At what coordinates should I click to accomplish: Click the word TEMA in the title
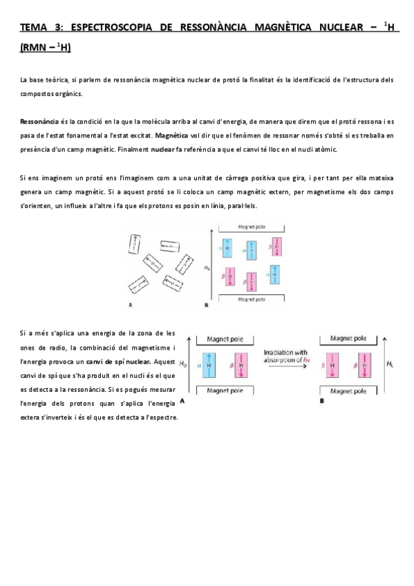31,28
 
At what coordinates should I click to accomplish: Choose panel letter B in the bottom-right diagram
322,401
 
